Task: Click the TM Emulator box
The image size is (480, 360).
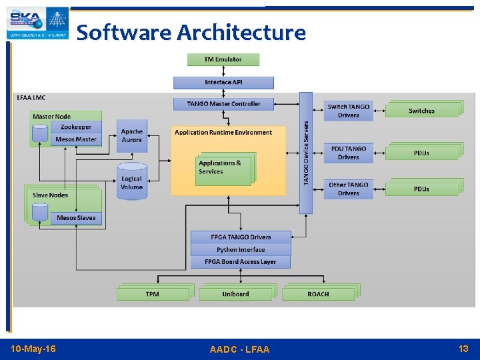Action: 223,59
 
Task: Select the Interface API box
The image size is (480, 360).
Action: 223,83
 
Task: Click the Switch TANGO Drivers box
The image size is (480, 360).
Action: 348,111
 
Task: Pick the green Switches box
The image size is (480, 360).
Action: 421,111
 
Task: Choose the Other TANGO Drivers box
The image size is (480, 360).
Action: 348,189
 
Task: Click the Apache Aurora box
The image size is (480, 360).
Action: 132,136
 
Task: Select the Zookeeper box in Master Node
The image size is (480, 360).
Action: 76,127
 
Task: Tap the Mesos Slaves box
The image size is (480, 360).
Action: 76,218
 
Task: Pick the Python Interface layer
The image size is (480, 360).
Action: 241,249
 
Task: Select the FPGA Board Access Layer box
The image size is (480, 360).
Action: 241,262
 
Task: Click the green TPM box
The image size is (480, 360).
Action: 153,293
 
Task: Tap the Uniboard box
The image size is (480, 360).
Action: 235,293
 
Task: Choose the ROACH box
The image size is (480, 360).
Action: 318,293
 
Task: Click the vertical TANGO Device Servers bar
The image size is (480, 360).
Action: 306,153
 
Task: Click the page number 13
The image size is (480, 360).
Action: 463,349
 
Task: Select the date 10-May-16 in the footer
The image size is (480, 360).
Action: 34,349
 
